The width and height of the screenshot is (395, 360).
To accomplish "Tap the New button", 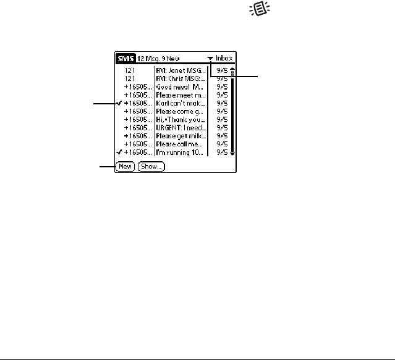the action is click(125, 166).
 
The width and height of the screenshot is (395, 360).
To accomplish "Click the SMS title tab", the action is click(125, 59).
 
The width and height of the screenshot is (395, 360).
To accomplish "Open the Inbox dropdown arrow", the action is click(211, 59).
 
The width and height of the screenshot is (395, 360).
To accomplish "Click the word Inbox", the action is click(226, 59).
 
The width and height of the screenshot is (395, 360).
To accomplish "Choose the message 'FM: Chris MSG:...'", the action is click(181, 79).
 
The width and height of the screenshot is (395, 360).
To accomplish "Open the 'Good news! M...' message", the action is click(181, 87).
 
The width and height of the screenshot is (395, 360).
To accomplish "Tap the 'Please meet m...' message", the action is click(181, 95).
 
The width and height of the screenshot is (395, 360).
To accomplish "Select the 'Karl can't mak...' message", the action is click(181, 103).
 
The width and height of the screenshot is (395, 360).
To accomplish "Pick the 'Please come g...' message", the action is click(181, 111).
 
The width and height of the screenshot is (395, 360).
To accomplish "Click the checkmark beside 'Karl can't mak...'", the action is click(119, 103).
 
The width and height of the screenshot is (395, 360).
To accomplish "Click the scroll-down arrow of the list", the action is click(232, 152).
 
